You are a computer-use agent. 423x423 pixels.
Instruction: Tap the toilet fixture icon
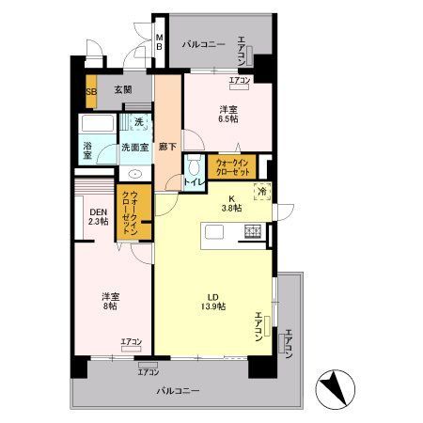[195, 164]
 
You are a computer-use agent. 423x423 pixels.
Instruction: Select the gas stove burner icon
[253, 231]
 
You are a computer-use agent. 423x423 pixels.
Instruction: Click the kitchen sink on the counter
[214, 232]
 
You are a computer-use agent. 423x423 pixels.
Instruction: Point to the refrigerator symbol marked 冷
[262, 191]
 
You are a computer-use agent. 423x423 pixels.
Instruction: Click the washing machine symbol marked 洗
[139, 122]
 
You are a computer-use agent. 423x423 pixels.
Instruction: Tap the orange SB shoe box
[91, 91]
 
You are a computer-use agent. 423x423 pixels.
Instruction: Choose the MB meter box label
[160, 42]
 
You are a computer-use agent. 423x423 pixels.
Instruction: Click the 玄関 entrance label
[123, 90]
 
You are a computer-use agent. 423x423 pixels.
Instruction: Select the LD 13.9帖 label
[213, 302]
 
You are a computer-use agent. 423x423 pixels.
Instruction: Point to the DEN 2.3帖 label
[99, 216]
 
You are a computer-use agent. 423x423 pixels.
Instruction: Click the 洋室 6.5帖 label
[228, 115]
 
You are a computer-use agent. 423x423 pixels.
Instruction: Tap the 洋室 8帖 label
[111, 301]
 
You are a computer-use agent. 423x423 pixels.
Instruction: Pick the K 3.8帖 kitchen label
[232, 203]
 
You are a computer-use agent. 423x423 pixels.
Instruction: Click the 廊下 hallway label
[167, 147]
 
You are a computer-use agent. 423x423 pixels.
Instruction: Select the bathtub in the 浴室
[98, 123]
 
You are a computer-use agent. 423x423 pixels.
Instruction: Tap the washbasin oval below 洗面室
[135, 174]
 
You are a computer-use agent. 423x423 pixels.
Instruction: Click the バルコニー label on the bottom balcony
[178, 391]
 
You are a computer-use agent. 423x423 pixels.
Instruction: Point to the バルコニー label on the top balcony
[204, 44]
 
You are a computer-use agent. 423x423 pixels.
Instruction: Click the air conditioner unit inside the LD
[267, 326]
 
